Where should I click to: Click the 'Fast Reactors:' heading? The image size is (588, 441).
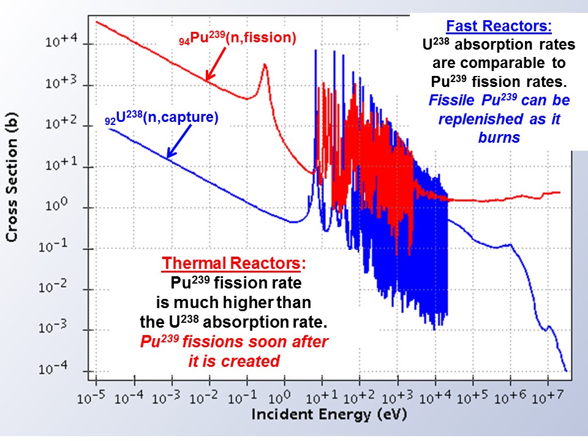(499, 27)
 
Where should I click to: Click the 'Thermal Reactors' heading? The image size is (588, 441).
(232, 264)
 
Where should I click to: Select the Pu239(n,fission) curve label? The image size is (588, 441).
(233, 38)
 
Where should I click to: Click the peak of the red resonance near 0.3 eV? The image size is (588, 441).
(265, 64)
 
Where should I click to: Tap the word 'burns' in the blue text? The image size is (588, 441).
(499, 137)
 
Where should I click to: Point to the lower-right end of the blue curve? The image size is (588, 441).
(566, 371)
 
